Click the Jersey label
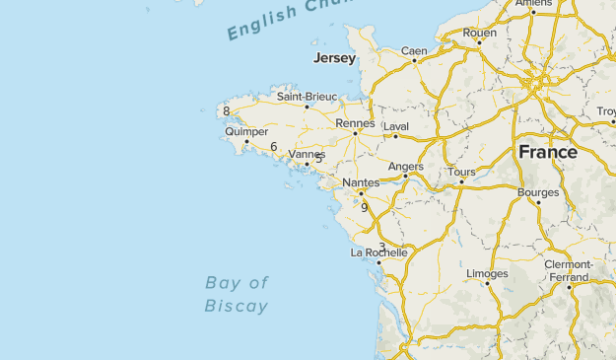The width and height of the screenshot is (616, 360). (334, 59)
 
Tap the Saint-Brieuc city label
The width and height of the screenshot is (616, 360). (307, 97)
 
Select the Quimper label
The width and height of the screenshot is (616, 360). (245, 131)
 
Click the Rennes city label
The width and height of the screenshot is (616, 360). (355, 123)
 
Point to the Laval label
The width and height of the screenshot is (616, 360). (395, 126)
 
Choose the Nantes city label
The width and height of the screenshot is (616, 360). (361, 183)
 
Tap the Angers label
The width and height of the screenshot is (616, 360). (406, 167)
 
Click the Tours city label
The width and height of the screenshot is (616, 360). (461, 172)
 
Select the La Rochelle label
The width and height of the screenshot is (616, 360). (379, 252)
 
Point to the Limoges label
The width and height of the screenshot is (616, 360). (487, 273)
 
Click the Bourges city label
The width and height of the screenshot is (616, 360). (538, 192)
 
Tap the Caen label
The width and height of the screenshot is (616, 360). (414, 51)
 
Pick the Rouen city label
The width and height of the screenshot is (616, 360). (480, 33)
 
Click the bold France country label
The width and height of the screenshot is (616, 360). (548, 152)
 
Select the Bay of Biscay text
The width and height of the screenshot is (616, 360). (237, 294)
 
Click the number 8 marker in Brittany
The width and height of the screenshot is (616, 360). (227, 111)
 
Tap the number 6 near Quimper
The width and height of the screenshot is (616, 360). (273, 147)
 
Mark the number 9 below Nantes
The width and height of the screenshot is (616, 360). (364, 207)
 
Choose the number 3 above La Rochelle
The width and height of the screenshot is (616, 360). (381, 247)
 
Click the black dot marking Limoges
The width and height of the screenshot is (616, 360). (487, 284)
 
